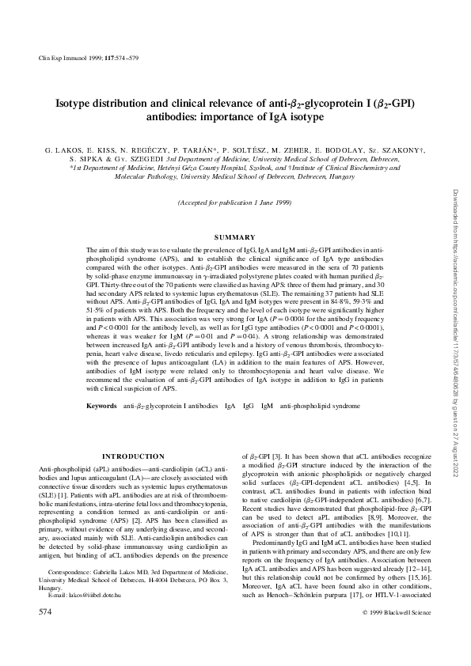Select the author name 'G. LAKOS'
coord(63,149)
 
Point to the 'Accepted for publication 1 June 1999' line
coord(234,202)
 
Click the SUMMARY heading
coord(234,237)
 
